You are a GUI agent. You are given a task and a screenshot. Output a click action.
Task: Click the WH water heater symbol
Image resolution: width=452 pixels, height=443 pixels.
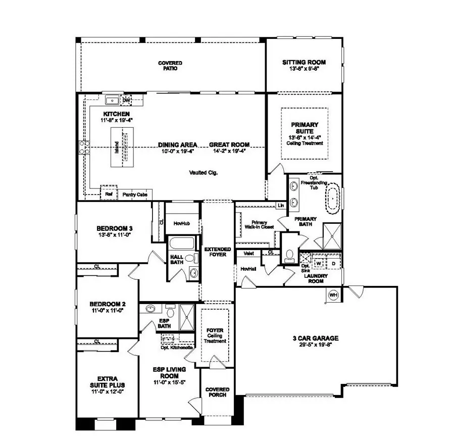333,295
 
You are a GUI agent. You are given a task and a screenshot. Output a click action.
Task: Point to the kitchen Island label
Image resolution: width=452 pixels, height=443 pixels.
116,148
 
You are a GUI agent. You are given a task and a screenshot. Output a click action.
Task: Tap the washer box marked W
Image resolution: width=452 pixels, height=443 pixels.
319,263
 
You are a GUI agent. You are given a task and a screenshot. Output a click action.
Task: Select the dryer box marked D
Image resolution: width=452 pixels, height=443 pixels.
333,263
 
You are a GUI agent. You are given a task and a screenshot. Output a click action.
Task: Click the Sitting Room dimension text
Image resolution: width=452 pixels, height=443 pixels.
304,69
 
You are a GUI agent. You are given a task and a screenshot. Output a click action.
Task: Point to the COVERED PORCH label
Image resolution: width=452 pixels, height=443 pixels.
217,392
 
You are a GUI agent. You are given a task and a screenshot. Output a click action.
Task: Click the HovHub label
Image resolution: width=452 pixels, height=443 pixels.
181,222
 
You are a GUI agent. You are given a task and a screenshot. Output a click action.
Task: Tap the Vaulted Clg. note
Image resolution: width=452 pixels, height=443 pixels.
204,172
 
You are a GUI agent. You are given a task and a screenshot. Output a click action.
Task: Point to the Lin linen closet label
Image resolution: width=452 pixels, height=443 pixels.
280,206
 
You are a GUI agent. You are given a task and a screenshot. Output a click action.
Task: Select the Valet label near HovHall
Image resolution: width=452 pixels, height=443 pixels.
248,254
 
